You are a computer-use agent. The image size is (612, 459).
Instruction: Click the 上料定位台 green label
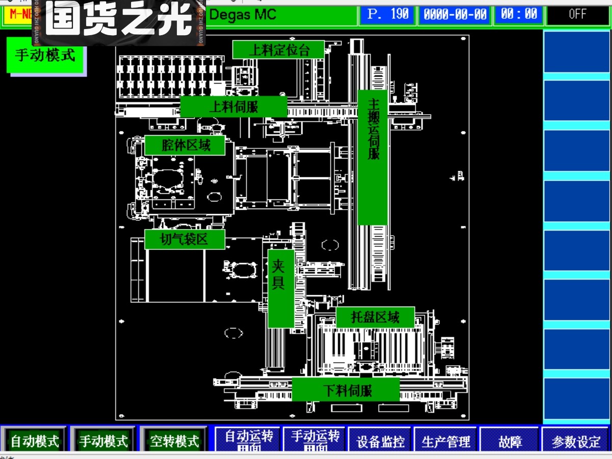tap(278, 50)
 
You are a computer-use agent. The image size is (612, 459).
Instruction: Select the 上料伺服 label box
tap(234, 107)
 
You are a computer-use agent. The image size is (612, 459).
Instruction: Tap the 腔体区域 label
tap(185, 145)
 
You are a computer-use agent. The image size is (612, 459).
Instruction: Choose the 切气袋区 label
tap(185, 239)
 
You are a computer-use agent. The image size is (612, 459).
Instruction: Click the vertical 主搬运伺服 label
tap(373, 158)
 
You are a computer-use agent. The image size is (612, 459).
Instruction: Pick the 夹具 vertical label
tap(281, 289)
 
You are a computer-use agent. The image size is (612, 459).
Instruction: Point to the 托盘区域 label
tap(375, 317)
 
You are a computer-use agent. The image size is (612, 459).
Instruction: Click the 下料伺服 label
tap(346, 391)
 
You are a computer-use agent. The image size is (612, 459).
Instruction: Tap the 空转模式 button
tap(174, 440)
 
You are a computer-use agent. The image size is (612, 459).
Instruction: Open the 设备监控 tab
tap(380, 440)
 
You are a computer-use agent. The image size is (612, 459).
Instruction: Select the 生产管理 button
tap(445, 440)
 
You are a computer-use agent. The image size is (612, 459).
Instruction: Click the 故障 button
tap(509, 440)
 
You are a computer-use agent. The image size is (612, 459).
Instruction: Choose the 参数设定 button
tap(575, 440)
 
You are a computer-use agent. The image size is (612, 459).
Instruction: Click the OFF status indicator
tap(577, 14)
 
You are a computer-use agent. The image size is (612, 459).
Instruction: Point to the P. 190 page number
tap(387, 14)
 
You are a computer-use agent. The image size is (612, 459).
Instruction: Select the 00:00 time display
tap(519, 14)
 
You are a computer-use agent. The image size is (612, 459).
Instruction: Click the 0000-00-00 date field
tap(454, 14)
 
